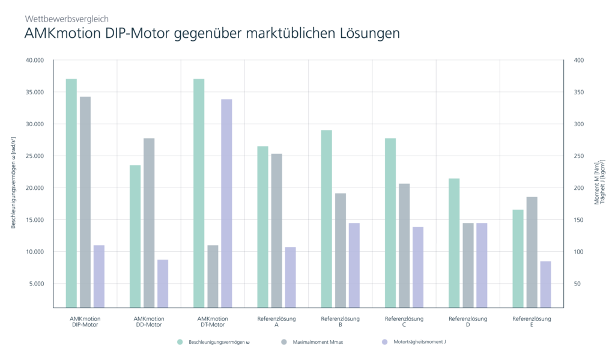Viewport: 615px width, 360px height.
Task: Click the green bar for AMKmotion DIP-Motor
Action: click(71, 193)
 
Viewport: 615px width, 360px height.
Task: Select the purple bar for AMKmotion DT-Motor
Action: click(226, 203)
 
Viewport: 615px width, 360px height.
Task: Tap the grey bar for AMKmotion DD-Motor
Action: click(149, 223)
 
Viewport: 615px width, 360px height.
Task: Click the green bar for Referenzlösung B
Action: click(327, 219)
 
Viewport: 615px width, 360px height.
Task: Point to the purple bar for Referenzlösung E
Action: click(545, 285)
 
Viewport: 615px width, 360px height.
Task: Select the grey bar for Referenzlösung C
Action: click(404, 246)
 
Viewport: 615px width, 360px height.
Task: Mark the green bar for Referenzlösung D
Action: click(454, 243)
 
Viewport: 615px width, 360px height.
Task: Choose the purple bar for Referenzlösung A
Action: click(291, 278)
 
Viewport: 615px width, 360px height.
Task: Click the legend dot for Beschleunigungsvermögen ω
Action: click(180, 342)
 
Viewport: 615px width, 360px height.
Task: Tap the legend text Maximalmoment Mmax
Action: click(318, 343)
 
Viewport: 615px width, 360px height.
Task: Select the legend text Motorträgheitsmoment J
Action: click(420, 342)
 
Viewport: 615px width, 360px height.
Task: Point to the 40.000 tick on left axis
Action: click(34, 61)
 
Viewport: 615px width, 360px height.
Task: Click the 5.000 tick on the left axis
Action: click(37, 284)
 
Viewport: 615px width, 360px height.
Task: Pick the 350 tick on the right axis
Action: click(579, 93)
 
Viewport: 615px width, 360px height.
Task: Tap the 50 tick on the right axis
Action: click(577, 284)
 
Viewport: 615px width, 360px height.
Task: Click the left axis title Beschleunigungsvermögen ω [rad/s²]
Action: click(13, 183)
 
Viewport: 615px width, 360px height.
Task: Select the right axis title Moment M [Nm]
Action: click(597, 183)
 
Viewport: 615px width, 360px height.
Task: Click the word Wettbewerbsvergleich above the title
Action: click(67, 19)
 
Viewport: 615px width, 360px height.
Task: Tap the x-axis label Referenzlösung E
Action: click(532, 322)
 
